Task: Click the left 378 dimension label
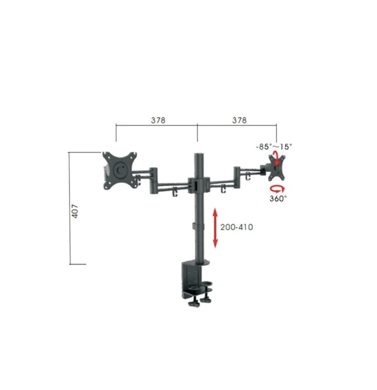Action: coord(158,120)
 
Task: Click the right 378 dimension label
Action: coord(239,120)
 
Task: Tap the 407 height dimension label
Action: coord(75,211)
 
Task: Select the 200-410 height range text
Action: coord(236,227)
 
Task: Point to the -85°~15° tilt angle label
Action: coord(274,147)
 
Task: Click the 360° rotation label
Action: coord(278,198)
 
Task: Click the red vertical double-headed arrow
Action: coord(215,228)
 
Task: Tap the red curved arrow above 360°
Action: coord(277,189)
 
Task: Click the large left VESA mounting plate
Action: coord(120,170)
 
